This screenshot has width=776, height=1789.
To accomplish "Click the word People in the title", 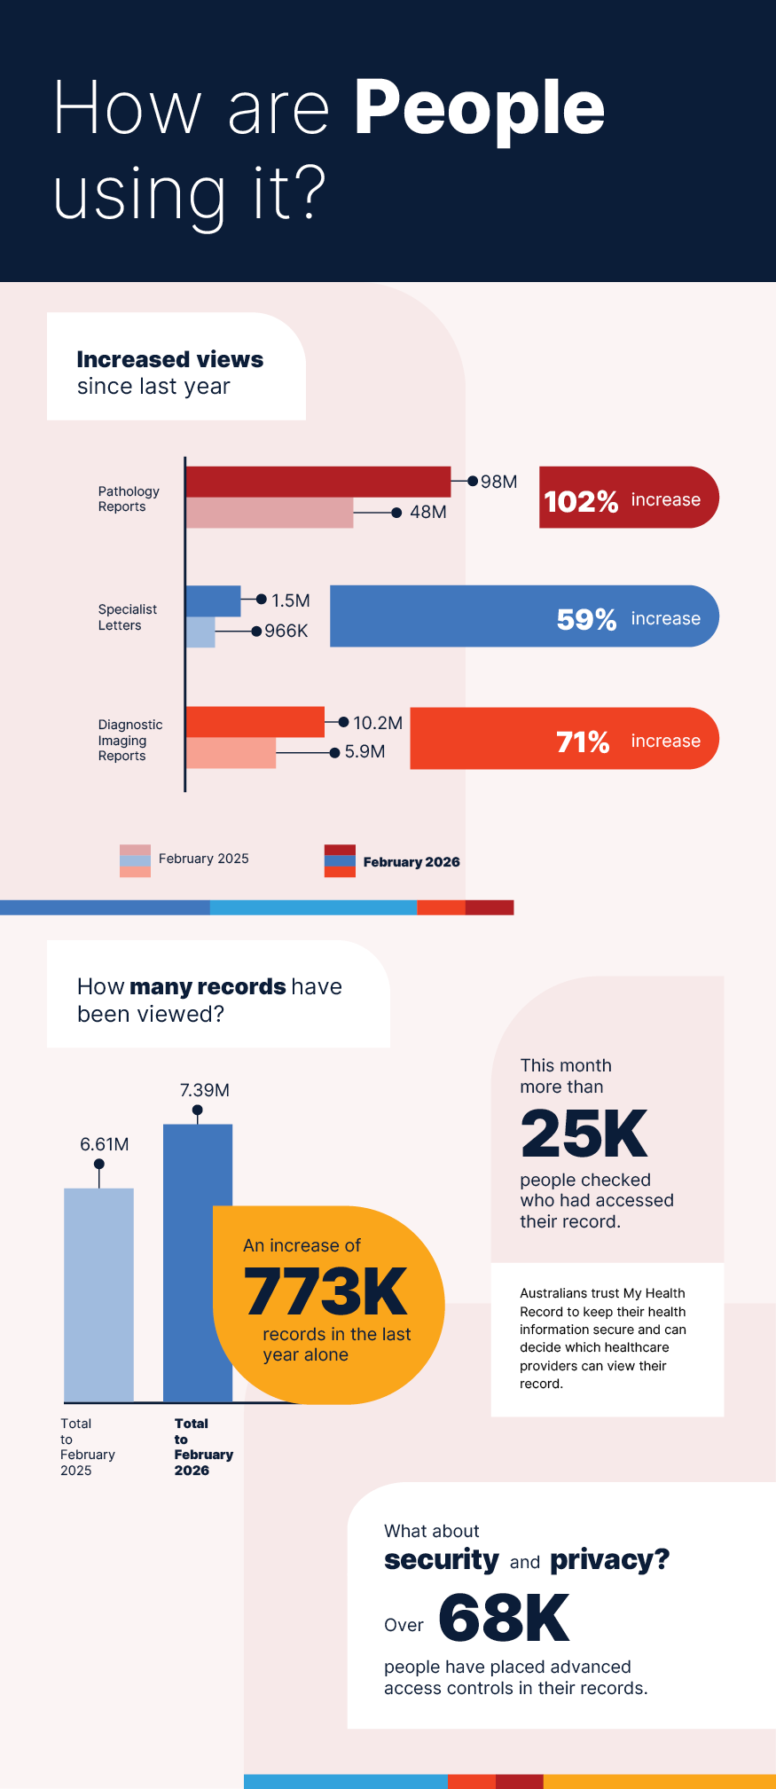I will [479, 108].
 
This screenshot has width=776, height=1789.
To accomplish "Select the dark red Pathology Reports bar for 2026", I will [317, 482].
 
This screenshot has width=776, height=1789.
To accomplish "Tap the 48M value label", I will [427, 513].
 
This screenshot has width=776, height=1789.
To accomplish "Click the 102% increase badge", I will [628, 498].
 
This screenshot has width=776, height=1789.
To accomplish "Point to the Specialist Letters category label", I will [127, 617].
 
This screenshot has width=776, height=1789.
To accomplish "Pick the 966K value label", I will [286, 631].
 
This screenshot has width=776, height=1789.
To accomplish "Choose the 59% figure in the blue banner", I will [586, 619].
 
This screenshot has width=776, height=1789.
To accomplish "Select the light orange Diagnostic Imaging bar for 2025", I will [231, 753].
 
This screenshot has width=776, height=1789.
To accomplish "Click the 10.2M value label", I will [378, 723].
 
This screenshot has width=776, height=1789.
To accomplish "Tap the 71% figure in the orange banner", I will [583, 741].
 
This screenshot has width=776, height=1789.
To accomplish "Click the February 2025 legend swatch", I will [135, 860].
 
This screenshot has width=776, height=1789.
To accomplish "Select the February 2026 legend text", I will [412, 862].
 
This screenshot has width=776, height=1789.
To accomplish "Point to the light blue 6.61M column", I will [99, 1294].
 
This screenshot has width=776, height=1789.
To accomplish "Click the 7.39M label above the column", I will [205, 1090].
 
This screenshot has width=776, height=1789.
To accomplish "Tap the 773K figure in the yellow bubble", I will [325, 1291].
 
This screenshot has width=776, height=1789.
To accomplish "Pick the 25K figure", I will [584, 1134].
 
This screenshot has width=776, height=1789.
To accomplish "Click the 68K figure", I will [504, 1618].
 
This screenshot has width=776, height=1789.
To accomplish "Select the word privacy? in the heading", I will [609, 1560].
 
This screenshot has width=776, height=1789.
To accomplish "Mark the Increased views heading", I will [170, 359].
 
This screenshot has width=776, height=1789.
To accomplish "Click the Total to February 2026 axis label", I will [203, 1447].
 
